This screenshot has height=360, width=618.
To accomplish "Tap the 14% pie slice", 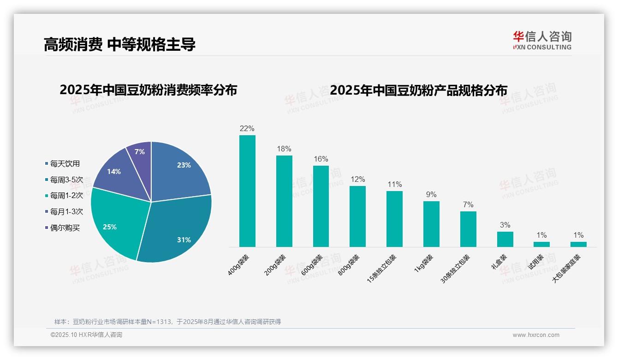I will pyautogui.click(x=115, y=173).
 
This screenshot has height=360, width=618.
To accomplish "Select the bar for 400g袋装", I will pyautogui.click(x=247, y=191).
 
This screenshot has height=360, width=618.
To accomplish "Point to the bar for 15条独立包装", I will pyautogui.click(x=394, y=219).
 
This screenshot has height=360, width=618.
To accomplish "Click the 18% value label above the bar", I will pyautogui.click(x=284, y=149).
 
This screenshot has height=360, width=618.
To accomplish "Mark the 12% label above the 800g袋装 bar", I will pyautogui.click(x=357, y=180).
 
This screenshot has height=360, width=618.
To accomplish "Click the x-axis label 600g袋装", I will pyautogui.click(x=312, y=265).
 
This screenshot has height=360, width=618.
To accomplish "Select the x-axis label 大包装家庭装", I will pyautogui.click(x=567, y=269).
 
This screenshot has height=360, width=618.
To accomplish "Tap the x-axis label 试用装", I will pyautogui.click(x=535, y=262).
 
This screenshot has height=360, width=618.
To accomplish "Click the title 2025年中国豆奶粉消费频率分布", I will pyautogui.click(x=148, y=90).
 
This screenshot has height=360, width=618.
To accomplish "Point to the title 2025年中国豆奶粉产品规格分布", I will pyautogui.click(x=418, y=90).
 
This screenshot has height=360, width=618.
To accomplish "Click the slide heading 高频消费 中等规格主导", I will pyautogui.click(x=119, y=44).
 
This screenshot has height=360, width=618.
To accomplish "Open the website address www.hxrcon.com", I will pyautogui.click(x=536, y=335).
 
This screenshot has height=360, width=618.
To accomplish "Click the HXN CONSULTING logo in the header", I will pyautogui.click(x=542, y=41).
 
